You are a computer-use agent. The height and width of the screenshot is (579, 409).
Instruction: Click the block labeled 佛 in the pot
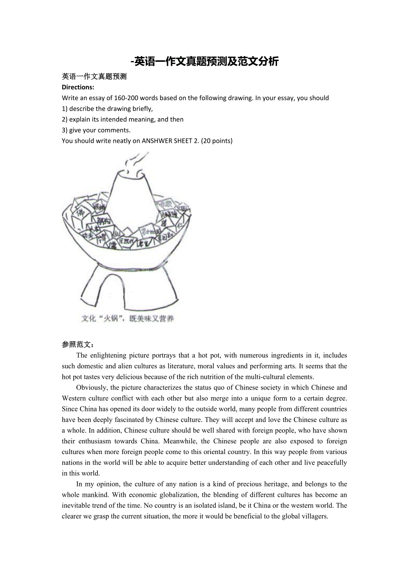(80, 213)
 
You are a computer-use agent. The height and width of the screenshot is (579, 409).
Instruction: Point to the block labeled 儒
(113, 244)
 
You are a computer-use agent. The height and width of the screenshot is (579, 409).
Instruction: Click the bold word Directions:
(78, 87)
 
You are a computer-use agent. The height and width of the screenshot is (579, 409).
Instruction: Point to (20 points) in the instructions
(217, 141)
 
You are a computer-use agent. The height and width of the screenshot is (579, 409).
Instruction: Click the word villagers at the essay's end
(314, 516)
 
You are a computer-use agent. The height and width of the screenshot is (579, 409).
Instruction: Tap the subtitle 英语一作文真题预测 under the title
(94, 76)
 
